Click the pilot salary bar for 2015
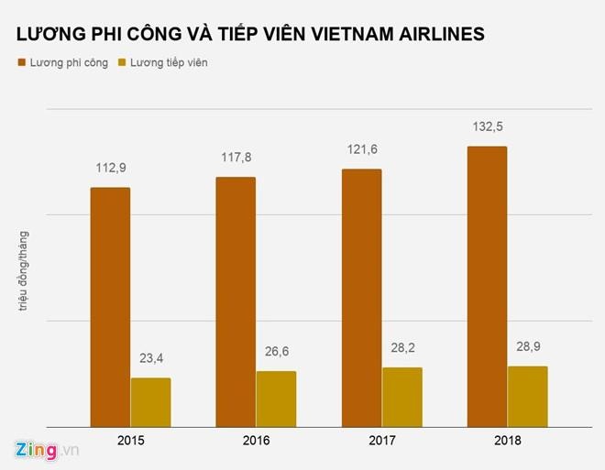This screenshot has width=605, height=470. point(109,307)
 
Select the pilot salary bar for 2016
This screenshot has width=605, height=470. point(236,301)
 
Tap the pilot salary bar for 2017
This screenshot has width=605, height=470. point(361,298)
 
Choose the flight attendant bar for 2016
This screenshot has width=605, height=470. point(276,399)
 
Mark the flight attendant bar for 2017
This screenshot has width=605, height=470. point(402,397)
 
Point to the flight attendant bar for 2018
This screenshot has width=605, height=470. point(527,396)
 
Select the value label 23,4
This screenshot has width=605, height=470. point(150,359)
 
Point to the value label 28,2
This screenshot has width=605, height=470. point(402,348)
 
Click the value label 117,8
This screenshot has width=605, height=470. point(236,158)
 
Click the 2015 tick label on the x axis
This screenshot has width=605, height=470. point(130,440)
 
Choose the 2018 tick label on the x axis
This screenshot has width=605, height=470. point(507,440)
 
